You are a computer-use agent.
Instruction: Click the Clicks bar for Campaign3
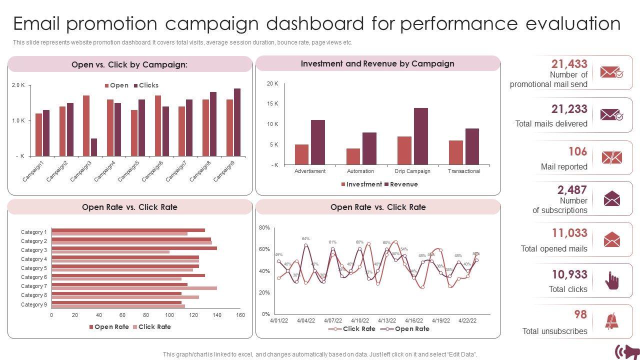click(x=94, y=147)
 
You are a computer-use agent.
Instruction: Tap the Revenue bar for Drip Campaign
click(x=421, y=136)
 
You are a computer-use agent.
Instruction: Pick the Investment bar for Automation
click(x=353, y=156)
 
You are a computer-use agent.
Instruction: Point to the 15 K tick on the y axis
click(x=272, y=104)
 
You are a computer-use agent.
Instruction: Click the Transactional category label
click(x=464, y=171)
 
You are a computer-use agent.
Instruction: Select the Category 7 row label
click(x=34, y=286)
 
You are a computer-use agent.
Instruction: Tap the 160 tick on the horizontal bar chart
click(x=240, y=315)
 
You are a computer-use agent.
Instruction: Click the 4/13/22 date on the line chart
click(x=386, y=320)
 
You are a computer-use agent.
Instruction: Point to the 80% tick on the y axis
click(x=264, y=228)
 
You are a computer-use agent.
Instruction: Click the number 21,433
click(x=569, y=64)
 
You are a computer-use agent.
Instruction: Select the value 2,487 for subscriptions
click(x=572, y=190)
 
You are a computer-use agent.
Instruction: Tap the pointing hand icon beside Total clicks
click(x=611, y=280)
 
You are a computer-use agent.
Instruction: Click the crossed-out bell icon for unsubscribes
click(x=611, y=321)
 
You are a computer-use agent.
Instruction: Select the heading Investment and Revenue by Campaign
click(x=377, y=63)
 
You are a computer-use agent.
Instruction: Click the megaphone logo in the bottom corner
click(x=626, y=351)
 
